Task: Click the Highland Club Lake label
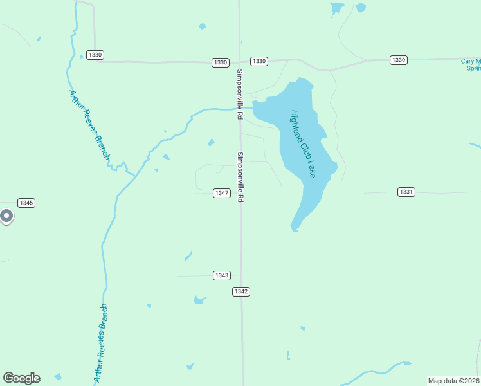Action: coord(303,143)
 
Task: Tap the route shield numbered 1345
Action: coord(26,203)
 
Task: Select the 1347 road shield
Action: coord(222,193)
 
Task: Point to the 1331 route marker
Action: coord(406,192)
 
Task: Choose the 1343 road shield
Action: coord(222,275)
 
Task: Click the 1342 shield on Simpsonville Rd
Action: coord(241,291)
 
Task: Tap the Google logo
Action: coord(21,378)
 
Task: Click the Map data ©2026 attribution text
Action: coord(454,381)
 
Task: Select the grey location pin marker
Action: coord(6,217)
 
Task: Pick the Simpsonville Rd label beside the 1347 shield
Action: coord(240,178)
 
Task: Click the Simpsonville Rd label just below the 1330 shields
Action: coord(239,94)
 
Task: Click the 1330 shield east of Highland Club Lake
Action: coord(399,60)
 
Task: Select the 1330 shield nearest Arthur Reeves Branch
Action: coord(95,55)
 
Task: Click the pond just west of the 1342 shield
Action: coord(200,300)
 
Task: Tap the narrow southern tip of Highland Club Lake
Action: coord(295,226)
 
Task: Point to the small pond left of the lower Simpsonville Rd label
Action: coord(211,142)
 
